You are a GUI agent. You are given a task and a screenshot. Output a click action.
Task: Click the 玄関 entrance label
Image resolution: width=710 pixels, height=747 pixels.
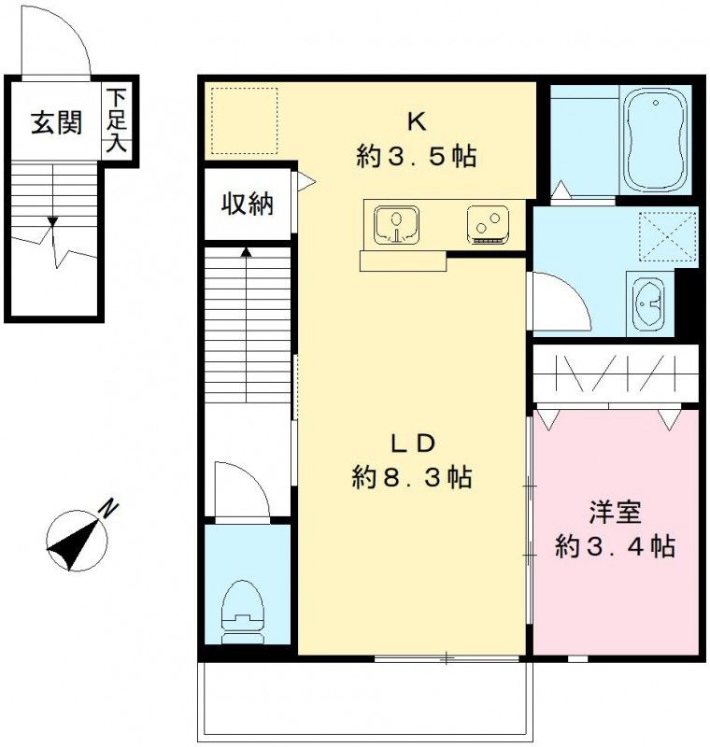point(56,123)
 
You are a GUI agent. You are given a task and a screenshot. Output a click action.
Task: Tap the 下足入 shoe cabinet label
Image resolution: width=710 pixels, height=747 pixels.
point(116,121)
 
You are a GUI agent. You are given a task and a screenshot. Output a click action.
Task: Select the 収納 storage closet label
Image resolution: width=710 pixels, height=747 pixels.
point(248,204)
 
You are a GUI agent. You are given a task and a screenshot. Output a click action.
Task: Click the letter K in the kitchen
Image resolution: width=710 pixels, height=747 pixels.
point(416,122)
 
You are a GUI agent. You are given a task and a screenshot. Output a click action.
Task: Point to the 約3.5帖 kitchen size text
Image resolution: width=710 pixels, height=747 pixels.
point(416,156)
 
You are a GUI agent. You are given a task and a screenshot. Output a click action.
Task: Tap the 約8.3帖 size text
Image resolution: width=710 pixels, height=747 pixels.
point(412,477)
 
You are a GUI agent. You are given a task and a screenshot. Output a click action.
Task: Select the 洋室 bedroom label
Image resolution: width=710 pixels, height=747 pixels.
point(615,513)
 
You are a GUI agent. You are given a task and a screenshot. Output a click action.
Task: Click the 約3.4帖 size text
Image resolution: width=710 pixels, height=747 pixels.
point(615,546)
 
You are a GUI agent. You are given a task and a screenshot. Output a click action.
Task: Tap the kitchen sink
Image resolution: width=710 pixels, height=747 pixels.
point(396,225)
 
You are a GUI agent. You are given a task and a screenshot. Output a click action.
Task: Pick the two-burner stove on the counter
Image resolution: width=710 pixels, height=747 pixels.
point(488,225)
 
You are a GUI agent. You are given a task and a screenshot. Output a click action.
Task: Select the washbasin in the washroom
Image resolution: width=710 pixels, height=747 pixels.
point(648,303)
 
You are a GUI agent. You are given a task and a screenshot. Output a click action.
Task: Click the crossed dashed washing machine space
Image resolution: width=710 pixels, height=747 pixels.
point(667,234)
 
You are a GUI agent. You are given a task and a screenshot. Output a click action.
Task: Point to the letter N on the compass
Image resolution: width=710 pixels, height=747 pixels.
point(108,508)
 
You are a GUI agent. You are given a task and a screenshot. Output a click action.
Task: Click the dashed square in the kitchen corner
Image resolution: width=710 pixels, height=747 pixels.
point(245,121)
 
